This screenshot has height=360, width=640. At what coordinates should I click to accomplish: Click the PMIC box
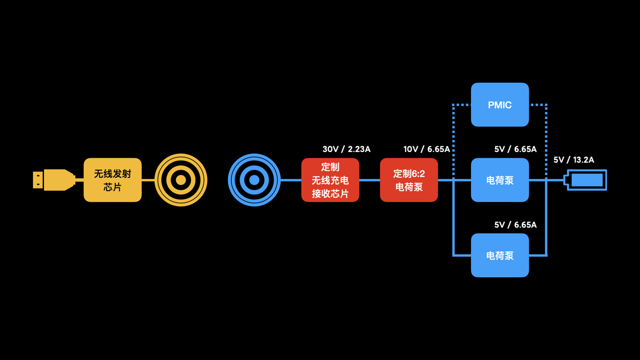(500, 105)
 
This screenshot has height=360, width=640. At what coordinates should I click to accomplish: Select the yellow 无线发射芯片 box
(112, 180)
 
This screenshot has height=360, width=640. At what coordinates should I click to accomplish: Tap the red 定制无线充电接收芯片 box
(330, 180)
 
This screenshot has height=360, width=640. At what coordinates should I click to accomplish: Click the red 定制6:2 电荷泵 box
(409, 180)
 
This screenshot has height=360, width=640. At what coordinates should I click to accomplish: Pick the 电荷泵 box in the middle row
(500, 180)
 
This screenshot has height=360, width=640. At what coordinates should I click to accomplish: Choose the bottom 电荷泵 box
(500, 255)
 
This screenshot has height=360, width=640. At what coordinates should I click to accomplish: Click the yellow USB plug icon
(53, 180)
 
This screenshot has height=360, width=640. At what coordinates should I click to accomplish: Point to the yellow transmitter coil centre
(181, 180)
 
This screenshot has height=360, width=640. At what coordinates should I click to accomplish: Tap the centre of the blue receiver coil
(254, 180)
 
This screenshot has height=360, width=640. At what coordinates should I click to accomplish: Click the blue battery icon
(586, 180)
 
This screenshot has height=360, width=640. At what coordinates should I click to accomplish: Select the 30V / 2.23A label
(346, 149)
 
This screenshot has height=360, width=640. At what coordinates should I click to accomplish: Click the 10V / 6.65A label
(426, 149)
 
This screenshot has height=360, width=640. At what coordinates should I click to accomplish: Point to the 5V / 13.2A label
(573, 160)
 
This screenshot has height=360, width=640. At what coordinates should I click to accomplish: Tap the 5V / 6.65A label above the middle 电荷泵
(515, 149)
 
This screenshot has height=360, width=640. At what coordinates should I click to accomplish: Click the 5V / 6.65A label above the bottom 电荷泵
(515, 225)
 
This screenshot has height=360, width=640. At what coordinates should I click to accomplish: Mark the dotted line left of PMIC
(453, 133)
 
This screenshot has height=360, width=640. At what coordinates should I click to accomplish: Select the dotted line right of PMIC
(546, 133)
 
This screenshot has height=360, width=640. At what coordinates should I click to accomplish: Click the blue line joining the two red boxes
(369, 180)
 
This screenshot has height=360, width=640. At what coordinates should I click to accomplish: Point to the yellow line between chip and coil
(148, 180)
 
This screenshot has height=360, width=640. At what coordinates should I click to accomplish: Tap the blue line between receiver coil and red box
(291, 180)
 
